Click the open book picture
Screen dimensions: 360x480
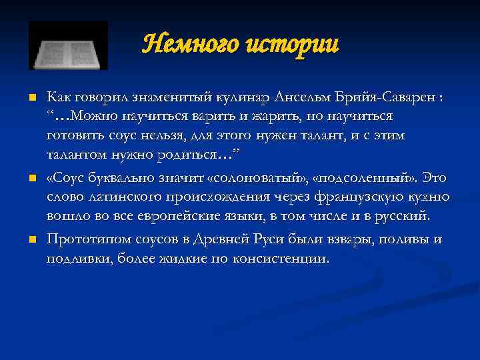coord(68,45)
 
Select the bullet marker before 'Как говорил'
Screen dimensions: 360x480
coord(31,98)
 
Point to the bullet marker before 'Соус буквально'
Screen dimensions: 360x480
coord(31,179)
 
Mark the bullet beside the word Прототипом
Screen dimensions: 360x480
coord(31,239)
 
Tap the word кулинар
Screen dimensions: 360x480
coord(243,98)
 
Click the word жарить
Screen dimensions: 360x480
coord(268,117)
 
